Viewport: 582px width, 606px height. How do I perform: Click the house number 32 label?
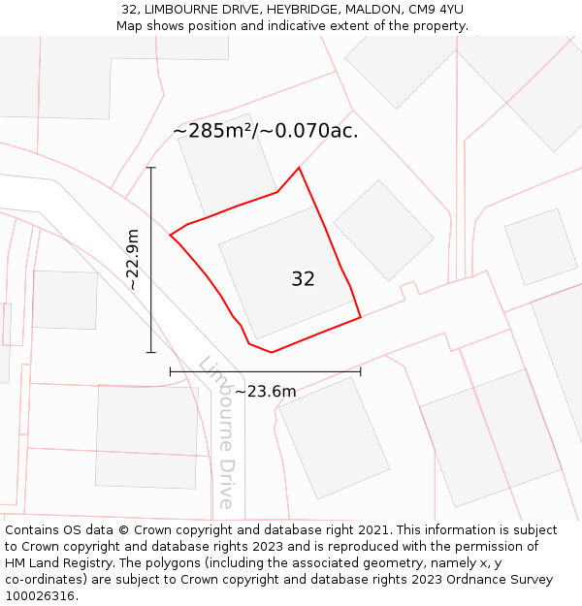click(303, 279)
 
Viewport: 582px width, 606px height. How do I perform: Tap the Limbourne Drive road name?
click(219, 432)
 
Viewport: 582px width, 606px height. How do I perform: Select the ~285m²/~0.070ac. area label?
click(265, 131)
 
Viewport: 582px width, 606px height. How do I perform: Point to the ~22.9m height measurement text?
click(133, 260)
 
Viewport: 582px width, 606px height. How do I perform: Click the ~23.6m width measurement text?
click(265, 392)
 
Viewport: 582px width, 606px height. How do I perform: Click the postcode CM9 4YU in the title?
click(435, 9)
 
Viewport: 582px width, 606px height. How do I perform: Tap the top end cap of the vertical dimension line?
click(151, 168)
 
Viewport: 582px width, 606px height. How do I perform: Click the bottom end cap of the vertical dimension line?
click(151, 353)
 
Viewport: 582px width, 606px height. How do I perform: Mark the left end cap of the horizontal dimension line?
click(171, 370)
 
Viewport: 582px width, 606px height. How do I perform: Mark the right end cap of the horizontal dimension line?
click(361, 370)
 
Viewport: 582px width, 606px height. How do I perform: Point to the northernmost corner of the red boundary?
click(299, 168)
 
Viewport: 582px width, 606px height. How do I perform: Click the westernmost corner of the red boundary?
click(171, 235)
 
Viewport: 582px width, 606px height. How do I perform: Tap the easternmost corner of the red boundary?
click(361, 316)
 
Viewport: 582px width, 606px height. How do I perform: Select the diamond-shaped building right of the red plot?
click(383, 230)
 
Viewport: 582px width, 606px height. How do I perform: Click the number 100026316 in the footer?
click(40, 596)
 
